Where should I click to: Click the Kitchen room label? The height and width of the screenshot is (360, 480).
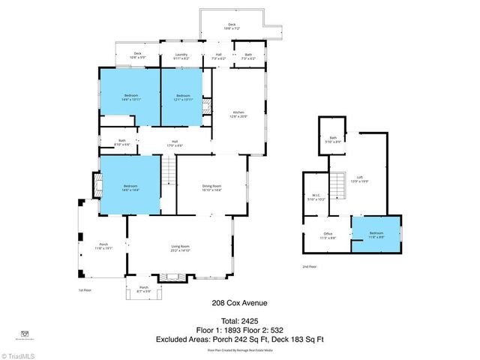[x=238, y=114]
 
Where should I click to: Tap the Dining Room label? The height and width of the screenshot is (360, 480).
[x=211, y=187]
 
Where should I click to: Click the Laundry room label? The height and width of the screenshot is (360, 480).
[x=181, y=55]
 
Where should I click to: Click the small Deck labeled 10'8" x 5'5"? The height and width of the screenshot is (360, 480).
[x=137, y=55]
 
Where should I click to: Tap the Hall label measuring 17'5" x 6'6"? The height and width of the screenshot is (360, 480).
[x=173, y=142]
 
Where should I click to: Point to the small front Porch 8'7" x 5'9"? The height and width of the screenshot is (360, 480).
[x=144, y=289]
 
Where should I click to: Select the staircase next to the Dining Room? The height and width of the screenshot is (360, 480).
[x=169, y=172]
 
